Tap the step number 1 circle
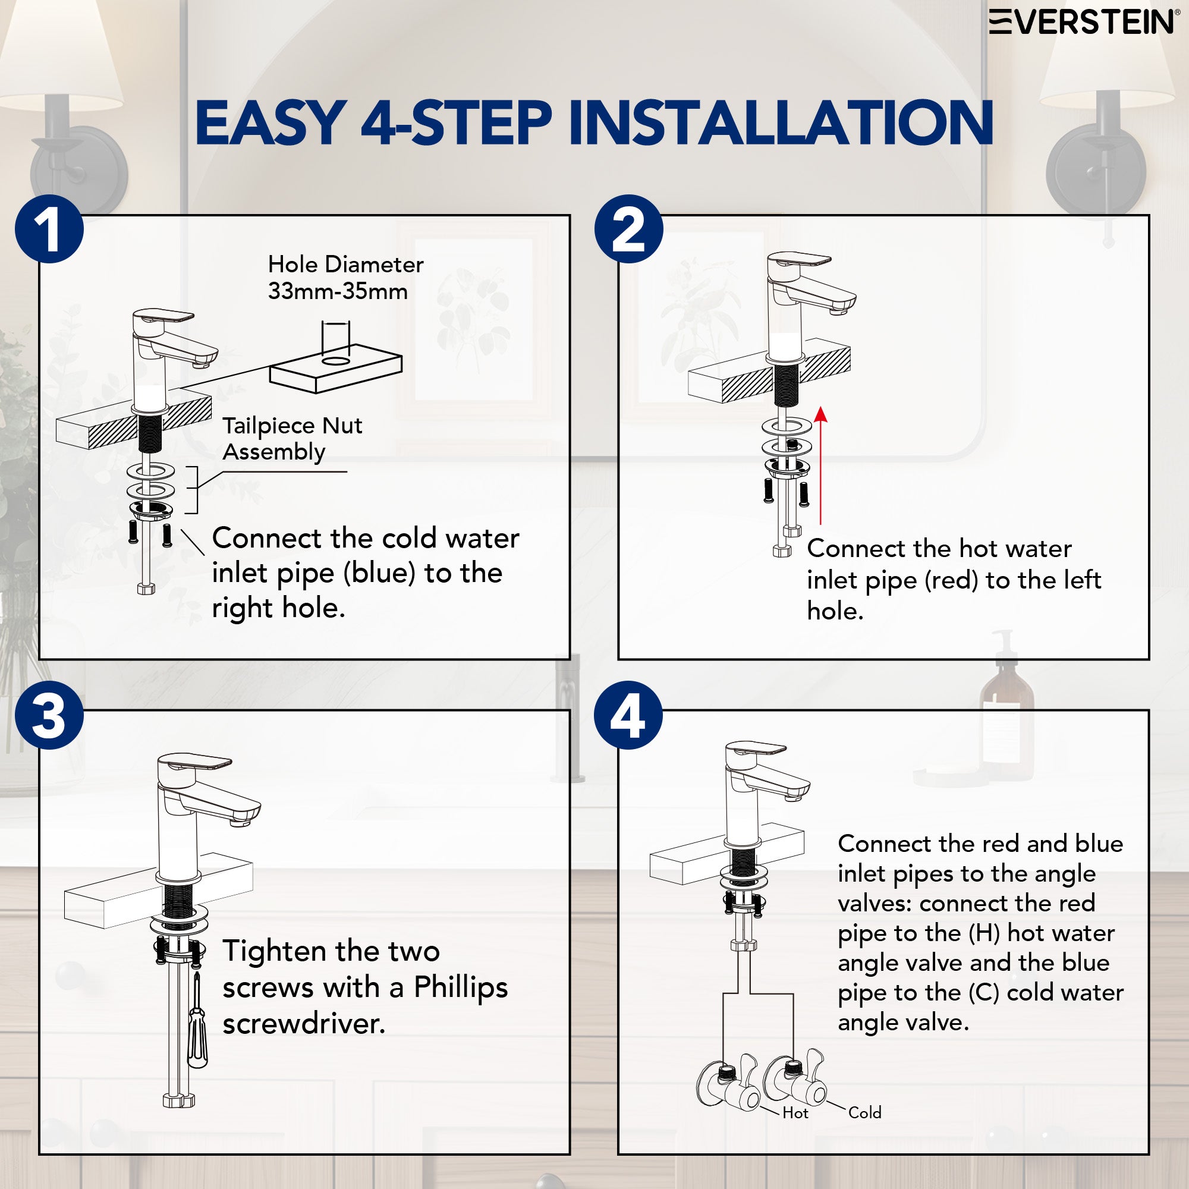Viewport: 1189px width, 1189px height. [49, 229]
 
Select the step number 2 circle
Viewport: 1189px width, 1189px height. [628, 229]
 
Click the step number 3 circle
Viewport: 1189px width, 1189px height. [49, 715]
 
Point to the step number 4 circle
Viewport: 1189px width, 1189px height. [628, 715]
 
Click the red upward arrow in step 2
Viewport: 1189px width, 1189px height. [820, 465]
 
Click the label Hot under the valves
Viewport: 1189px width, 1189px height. [795, 1113]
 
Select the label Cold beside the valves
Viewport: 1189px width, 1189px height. [864, 1112]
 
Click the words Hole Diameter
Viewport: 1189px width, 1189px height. [346, 265]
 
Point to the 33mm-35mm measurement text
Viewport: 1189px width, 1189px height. [338, 291]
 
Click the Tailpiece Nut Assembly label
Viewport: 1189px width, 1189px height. [292, 439]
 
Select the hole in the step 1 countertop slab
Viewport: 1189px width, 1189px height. [336, 360]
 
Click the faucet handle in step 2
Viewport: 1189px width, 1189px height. [798, 260]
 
